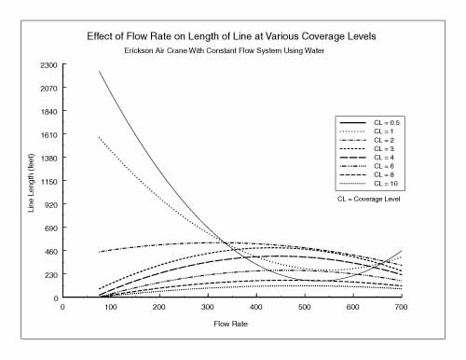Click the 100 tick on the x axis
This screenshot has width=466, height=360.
pos(111,306)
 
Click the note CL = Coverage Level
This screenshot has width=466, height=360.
pos(376,199)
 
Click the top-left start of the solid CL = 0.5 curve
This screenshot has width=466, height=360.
pos(99,71)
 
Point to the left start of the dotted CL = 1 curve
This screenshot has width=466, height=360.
pos(99,137)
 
